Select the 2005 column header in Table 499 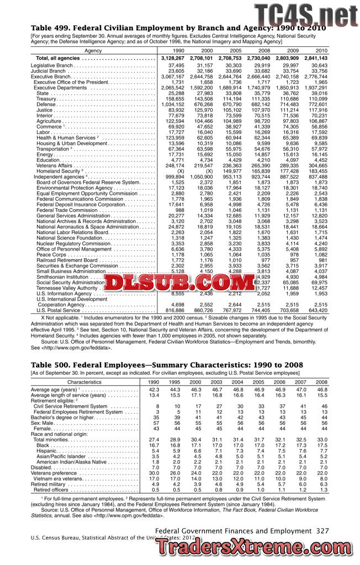(236, 50)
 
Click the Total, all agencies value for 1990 (173, 58)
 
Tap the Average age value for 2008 (321, 374)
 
